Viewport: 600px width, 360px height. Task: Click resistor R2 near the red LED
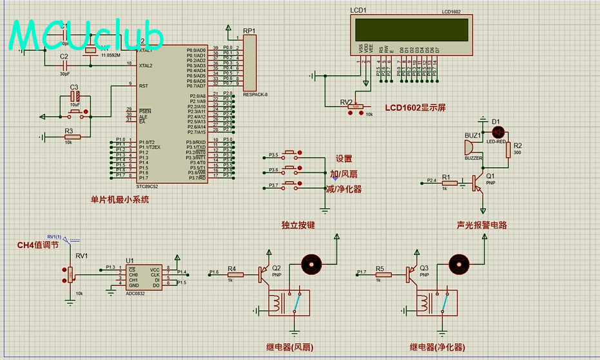click(x=508, y=149)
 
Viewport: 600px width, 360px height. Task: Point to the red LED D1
click(x=496, y=130)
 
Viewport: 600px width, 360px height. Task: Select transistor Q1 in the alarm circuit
click(x=479, y=183)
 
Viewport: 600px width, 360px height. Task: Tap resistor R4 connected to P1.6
click(x=235, y=274)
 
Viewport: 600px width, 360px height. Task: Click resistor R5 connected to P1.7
click(x=382, y=274)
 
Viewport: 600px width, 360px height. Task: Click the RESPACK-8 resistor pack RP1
click(x=250, y=62)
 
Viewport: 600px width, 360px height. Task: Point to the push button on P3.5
click(x=292, y=155)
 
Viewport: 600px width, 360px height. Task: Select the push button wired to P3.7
click(x=292, y=187)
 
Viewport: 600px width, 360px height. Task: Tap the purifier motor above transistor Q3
click(x=458, y=264)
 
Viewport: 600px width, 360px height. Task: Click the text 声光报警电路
click(x=481, y=225)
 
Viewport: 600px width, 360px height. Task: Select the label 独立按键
click(x=298, y=225)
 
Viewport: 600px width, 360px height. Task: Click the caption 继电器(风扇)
click(x=290, y=348)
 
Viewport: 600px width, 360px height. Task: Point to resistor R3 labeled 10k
click(x=72, y=136)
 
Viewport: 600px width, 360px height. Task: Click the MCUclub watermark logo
click(x=87, y=35)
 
